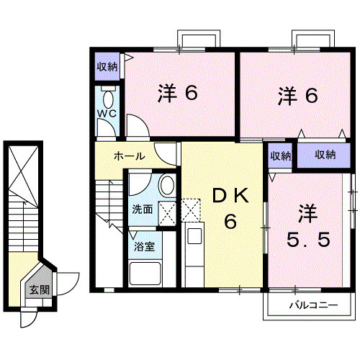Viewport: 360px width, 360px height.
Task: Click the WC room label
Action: pyautogui.click(x=107, y=114)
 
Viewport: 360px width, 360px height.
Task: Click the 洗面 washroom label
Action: pyautogui.click(x=142, y=210)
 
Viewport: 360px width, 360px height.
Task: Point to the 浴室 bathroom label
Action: pyautogui.click(x=141, y=246)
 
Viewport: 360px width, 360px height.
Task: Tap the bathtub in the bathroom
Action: pyautogui.click(x=143, y=274)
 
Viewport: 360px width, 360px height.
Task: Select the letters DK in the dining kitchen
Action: pyautogui.click(x=229, y=196)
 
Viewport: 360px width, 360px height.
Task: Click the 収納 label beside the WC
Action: pyautogui.click(x=107, y=67)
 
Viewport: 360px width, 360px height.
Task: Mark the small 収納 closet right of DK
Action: pyautogui.click(x=280, y=156)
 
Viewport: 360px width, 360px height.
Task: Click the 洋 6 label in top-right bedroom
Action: pyautogui.click(x=297, y=94)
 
